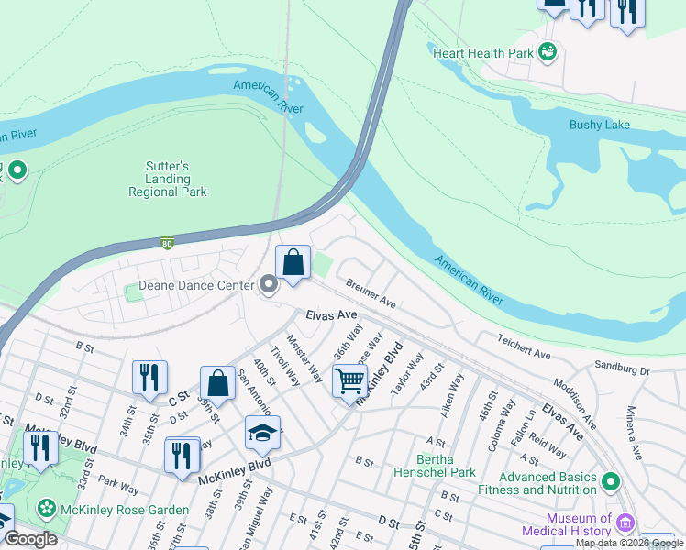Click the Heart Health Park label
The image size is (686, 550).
484,53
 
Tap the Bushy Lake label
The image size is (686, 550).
600,125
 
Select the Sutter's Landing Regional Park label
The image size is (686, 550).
168,180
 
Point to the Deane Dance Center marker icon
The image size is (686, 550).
269,286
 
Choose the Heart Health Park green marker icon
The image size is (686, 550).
548,52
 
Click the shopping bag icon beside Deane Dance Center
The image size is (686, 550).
293,263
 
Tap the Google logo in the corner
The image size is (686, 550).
30,540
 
